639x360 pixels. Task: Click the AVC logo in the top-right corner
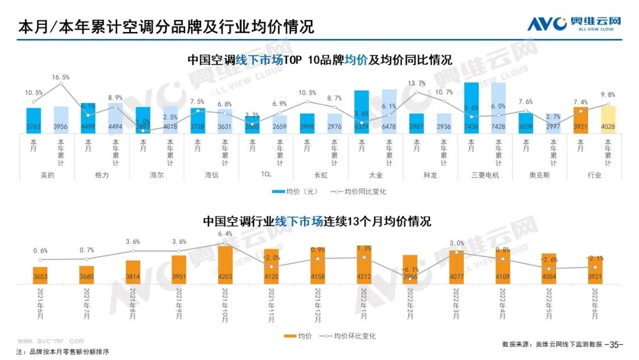click(574, 24)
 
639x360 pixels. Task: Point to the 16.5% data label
click(60, 77)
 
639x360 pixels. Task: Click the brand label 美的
click(47, 175)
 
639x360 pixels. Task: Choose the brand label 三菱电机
click(485, 175)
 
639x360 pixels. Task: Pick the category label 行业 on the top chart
click(595, 175)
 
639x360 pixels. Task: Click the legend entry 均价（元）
click(296, 192)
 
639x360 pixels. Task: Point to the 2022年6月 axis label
click(595, 305)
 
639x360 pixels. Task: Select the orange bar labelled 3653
click(40, 275)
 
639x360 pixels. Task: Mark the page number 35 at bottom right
click(616, 344)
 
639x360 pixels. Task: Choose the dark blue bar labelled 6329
click(362, 112)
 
